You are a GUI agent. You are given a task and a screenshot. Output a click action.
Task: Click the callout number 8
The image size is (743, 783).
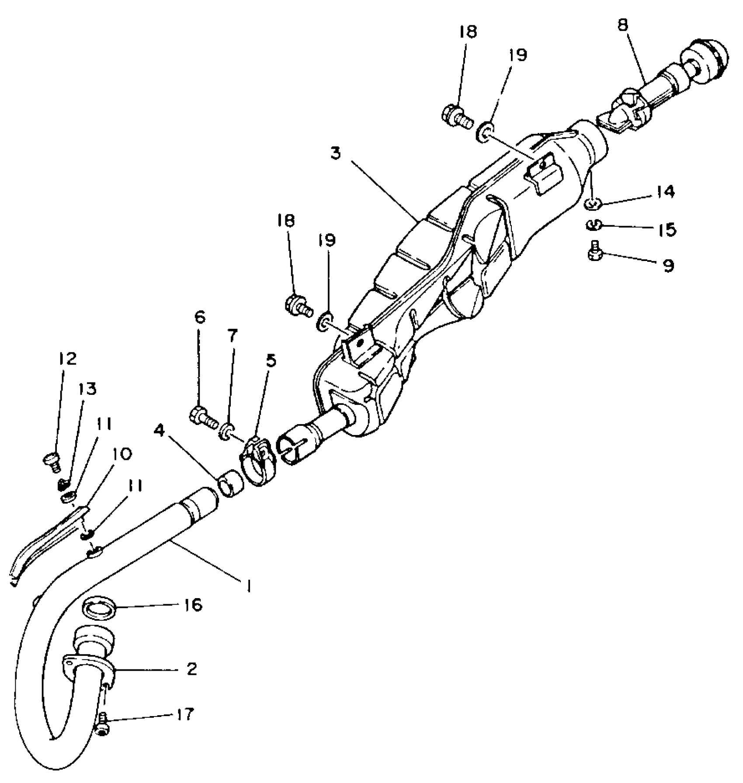click(x=622, y=25)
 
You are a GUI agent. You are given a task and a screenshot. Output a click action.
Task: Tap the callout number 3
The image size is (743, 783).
click(x=335, y=154)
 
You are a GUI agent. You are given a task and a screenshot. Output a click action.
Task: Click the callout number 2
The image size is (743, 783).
click(x=191, y=669)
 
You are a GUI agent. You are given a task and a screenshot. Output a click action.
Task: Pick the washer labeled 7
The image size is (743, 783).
click(x=227, y=431)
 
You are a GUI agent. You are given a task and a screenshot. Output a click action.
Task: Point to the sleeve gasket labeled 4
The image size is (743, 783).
click(x=230, y=483)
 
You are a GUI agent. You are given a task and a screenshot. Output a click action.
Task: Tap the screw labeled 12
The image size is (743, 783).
click(x=52, y=460)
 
